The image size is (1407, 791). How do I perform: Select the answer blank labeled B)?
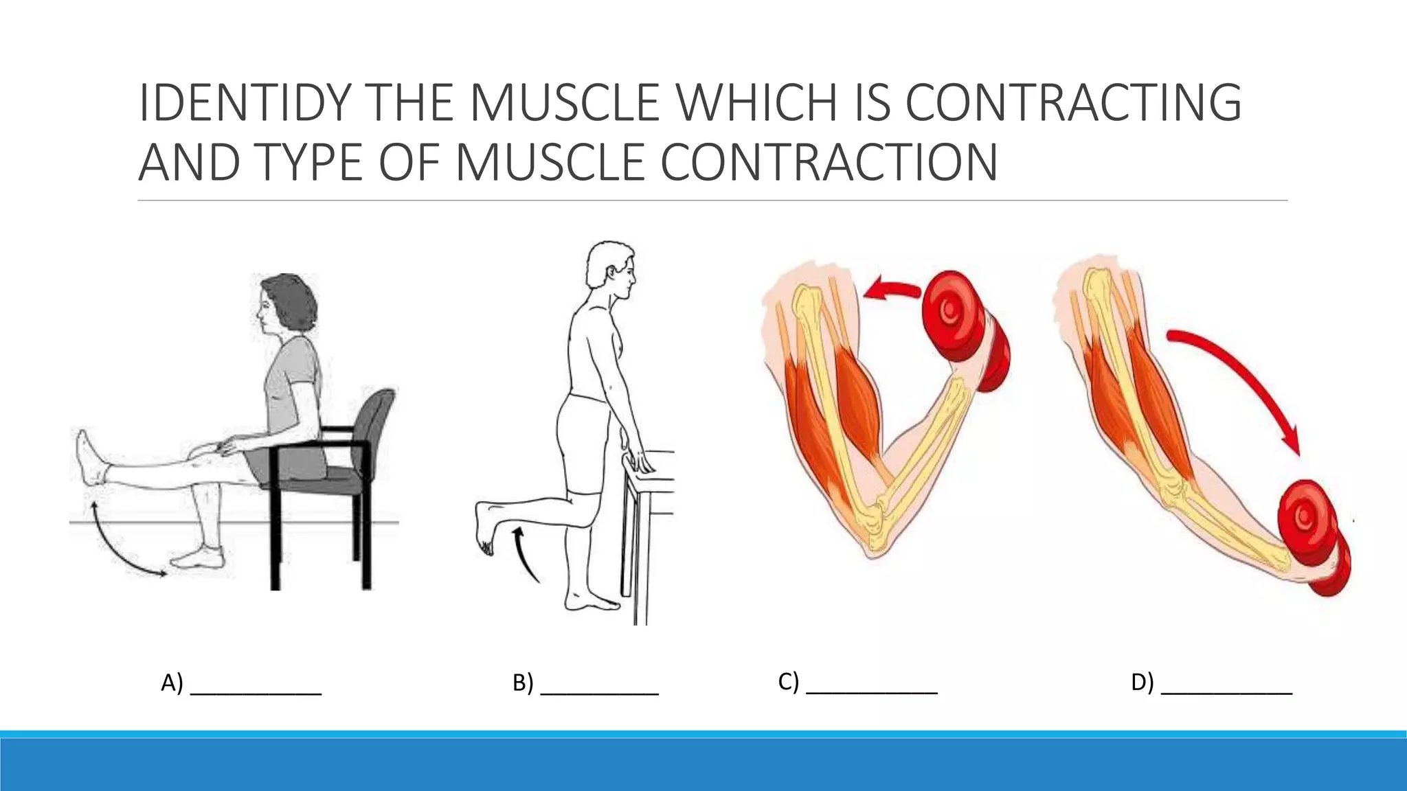tap(599, 687)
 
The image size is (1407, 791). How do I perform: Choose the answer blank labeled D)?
tap(1226, 687)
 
